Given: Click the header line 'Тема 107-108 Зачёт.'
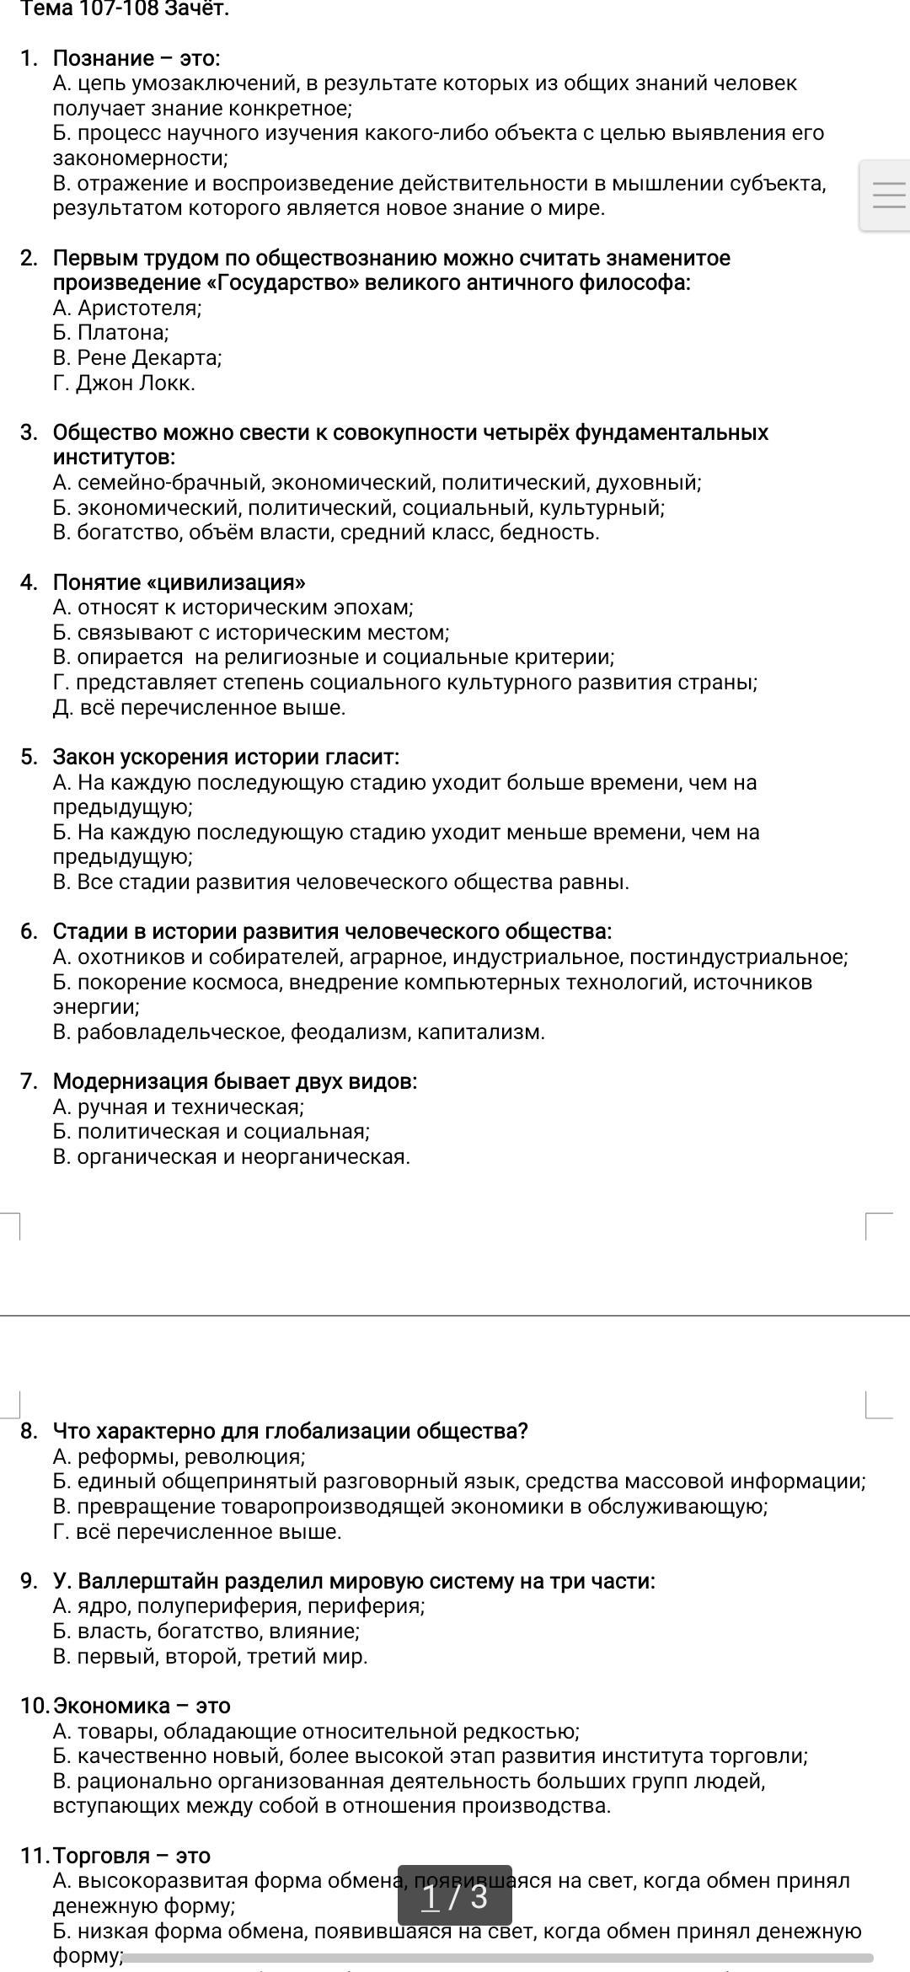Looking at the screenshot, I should coord(124,9).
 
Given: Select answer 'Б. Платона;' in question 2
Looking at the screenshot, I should coord(110,333).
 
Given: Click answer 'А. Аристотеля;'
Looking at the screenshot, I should coord(127,308).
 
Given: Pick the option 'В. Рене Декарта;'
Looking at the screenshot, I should coord(137,358).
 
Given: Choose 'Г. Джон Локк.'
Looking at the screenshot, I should coord(124,383).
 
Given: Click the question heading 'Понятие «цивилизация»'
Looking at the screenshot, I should coord(179,582).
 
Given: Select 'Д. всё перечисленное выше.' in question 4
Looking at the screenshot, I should coord(199,708).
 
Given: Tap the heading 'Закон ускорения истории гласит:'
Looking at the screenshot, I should coord(226,757).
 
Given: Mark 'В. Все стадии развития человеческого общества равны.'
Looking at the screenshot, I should coord(340,882).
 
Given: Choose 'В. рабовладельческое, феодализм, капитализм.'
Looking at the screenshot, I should coord(298,1032).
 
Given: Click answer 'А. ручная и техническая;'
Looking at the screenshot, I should coord(178,1107).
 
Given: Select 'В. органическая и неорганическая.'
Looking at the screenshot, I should coord(231,1157).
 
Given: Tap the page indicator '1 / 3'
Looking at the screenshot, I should coord(455,1897).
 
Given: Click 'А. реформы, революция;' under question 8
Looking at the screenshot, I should coord(179,1457).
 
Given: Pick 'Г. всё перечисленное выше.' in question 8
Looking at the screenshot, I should coord(197,1532).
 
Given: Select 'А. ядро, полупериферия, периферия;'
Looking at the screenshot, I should coord(238,1607).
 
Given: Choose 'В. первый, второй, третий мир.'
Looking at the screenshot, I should coord(210,1657).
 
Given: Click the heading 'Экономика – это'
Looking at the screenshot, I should coord(142,1707).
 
